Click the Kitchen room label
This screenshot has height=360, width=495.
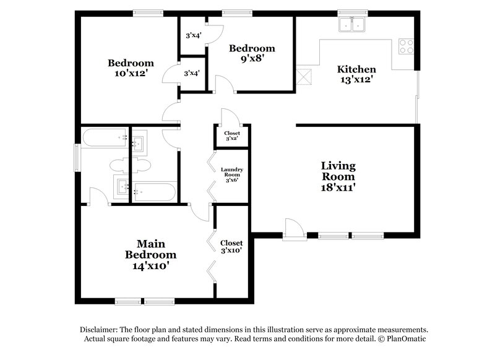tap(356, 69)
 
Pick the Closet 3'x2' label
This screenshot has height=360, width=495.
tap(232, 136)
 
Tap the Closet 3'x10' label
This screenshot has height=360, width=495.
tap(231, 246)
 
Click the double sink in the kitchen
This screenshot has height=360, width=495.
tap(352, 25)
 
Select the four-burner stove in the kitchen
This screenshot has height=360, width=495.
tap(406, 46)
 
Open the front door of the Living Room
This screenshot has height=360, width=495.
tap(293, 229)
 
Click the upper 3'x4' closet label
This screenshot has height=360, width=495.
tap(192, 36)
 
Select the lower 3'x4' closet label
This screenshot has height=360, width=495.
tap(191, 74)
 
